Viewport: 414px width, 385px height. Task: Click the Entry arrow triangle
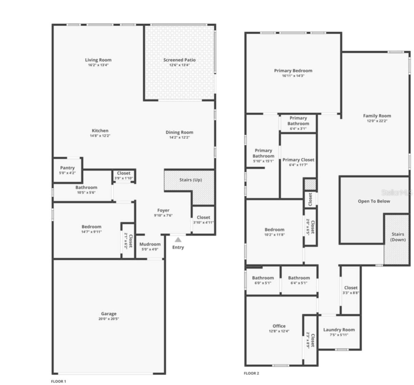(x=178, y=240)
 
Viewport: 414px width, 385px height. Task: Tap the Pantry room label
(x=67, y=168)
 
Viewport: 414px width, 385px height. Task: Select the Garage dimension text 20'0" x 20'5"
(x=108, y=319)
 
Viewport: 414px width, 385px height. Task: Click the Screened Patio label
(x=179, y=60)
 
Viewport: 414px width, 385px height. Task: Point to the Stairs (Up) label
(x=191, y=180)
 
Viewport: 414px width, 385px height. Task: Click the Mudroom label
(x=150, y=244)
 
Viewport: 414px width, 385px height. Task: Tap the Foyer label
(x=163, y=210)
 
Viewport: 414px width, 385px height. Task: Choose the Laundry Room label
(x=339, y=330)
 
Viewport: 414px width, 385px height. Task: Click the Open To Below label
(x=374, y=201)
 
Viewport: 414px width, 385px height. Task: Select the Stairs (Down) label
(x=398, y=237)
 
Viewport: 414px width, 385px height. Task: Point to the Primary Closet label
(x=298, y=159)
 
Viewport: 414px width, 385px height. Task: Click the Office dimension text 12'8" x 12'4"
(x=279, y=331)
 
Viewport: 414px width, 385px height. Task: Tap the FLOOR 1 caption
(x=59, y=381)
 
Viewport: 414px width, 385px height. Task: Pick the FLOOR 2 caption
(x=251, y=373)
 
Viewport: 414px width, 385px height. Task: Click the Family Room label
(x=377, y=116)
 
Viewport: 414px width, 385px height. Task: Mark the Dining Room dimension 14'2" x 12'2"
(x=179, y=138)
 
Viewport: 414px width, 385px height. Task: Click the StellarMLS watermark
(x=397, y=193)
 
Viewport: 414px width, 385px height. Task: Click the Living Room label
(x=98, y=60)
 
